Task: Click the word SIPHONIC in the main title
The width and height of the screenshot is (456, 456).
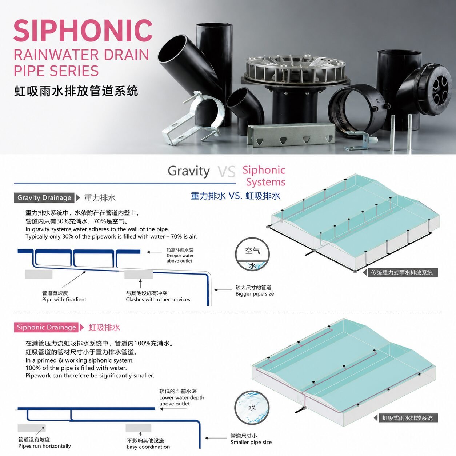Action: (x=83, y=31)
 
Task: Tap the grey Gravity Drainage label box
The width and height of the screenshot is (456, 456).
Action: (x=44, y=197)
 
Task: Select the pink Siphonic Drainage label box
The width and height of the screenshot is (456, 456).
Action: (x=46, y=327)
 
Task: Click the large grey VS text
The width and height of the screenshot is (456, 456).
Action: (x=227, y=172)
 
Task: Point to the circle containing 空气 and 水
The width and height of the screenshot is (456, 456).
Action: (x=252, y=255)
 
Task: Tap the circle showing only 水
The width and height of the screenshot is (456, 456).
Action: (x=252, y=408)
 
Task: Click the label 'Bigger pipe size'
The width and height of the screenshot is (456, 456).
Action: (x=255, y=294)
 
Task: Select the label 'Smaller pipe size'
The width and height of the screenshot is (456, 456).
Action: (x=251, y=442)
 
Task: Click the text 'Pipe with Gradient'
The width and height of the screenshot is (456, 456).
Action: (x=64, y=299)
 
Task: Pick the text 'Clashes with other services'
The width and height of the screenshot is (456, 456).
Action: (x=158, y=299)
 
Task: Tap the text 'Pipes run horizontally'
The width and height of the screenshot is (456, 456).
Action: (x=44, y=446)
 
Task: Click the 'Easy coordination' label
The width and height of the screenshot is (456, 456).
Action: (x=148, y=447)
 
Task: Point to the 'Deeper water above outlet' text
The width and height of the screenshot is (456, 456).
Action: (x=180, y=258)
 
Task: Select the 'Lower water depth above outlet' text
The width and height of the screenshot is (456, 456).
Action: (x=182, y=401)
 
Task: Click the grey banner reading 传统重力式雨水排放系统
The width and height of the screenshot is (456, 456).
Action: (x=402, y=273)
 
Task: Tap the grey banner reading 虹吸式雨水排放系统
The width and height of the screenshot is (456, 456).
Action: (x=408, y=418)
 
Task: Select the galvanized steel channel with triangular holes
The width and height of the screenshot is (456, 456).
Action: (x=291, y=135)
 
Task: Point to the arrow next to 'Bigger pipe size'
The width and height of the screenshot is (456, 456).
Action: (x=223, y=290)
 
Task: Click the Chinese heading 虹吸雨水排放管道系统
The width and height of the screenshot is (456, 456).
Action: (x=76, y=91)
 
